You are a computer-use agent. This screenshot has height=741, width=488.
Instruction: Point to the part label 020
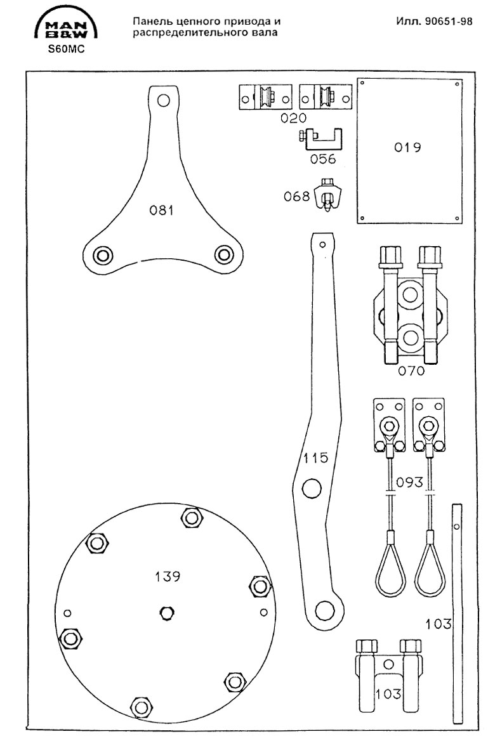(x=294, y=118)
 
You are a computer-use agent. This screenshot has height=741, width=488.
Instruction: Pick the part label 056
(x=323, y=159)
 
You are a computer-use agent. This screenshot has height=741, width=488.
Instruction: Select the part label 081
(x=161, y=211)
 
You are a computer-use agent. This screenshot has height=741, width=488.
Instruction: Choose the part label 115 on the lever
(x=315, y=458)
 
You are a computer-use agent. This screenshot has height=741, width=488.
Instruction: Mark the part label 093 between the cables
(x=409, y=482)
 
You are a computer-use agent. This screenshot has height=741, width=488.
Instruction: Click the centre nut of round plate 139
(x=167, y=612)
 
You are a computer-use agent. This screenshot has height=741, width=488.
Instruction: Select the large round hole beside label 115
(x=312, y=489)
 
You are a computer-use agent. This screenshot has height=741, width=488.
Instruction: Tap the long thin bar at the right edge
(x=458, y=612)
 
